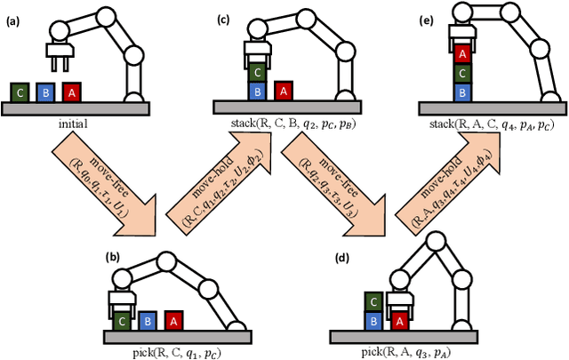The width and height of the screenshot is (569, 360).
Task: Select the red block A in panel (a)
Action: (x=72, y=91)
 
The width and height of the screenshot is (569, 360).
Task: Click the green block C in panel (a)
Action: (x=19, y=91)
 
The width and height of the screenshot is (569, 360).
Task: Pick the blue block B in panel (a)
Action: (x=46, y=91)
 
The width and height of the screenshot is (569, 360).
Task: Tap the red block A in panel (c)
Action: (x=283, y=90)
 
